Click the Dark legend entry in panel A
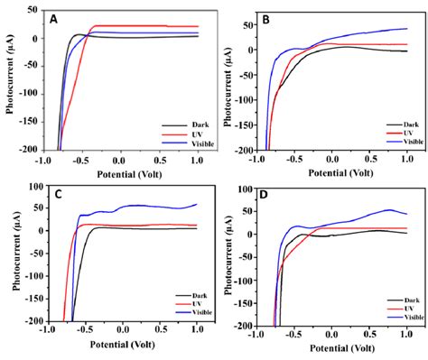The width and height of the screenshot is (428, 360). tap(181, 125)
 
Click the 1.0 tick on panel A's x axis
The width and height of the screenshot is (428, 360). tap(197, 161)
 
